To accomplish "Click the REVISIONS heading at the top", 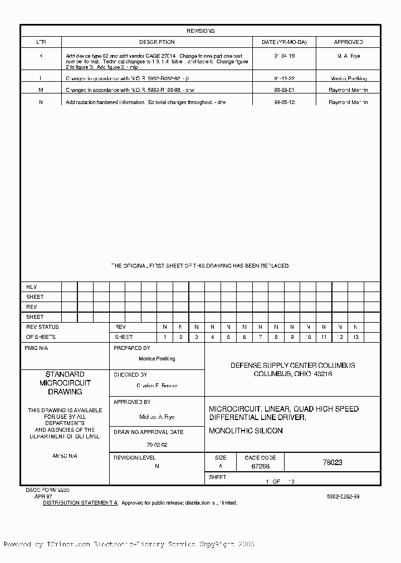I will tap(200, 31).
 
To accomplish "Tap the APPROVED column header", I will tap(348, 42).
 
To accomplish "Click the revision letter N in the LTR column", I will tap(41, 102).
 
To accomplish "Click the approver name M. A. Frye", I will tap(348, 56).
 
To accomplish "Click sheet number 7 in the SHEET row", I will tap(260, 337).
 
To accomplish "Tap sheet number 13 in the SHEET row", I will tap(356, 337).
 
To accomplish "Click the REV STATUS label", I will tap(42, 327).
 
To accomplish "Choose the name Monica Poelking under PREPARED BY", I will tap(157, 359).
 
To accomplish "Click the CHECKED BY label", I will tap(130, 375).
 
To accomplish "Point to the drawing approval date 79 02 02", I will tap(157, 445).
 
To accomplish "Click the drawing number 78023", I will tap(332, 463).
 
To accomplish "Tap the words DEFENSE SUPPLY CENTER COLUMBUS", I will tap(292, 366).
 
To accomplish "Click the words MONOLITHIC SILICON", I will tap(246, 431).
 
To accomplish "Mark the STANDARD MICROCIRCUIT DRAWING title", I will tap(65, 383).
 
